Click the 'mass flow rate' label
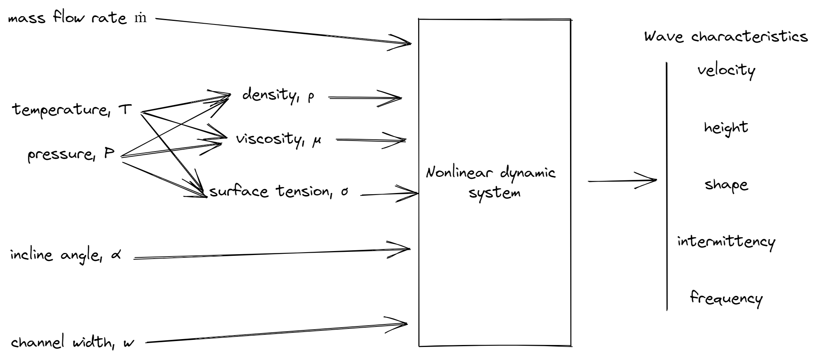pos(67,18)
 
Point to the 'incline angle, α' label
pos(66,255)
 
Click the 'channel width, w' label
pos(72,342)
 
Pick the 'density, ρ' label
pos(278,95)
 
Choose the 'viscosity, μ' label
pos(278,139)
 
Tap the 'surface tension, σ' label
pos(279,192)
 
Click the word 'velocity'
pos(726,71)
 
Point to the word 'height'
pos(726,127)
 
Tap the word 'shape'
pos(726,185)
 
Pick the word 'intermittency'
pos(726,242)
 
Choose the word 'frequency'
pos(726,298)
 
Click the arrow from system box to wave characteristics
pos(622,181)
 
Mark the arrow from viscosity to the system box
pos(370,140)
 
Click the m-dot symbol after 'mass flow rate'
pos(141,19)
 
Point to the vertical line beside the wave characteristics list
pos(667,186)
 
